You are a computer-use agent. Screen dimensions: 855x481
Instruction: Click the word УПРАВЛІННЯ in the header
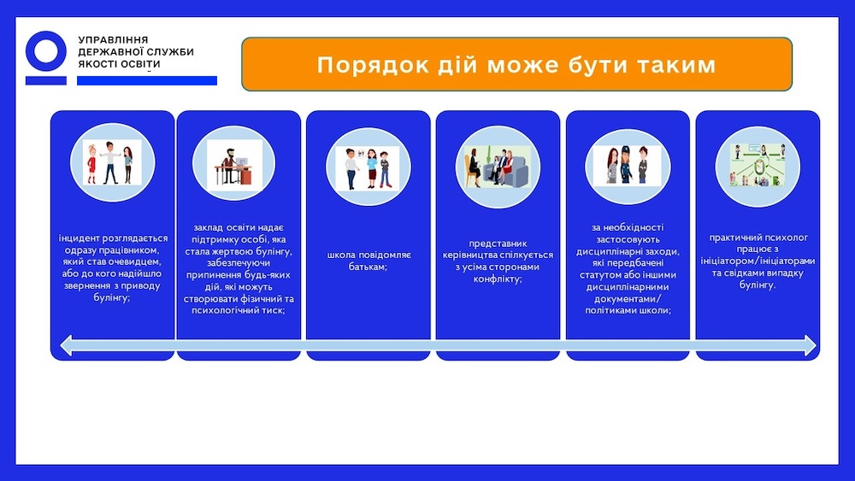click(113, 40)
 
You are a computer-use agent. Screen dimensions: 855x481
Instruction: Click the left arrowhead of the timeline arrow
click(66, 345)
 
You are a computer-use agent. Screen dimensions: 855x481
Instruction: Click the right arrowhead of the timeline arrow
click(811, 345)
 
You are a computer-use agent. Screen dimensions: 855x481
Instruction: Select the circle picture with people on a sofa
click(498, 167)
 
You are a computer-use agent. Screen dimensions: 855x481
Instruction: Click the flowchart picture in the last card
click(758, 165)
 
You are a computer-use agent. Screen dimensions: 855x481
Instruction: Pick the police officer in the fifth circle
click(627, 164)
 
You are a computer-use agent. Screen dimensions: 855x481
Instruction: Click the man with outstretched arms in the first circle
click(111, 162)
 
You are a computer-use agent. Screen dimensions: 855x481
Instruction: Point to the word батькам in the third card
click(368, 267)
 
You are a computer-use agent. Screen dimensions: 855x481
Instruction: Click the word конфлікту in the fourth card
click(498, 279)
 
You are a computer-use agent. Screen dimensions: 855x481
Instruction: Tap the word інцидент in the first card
click(79, 238)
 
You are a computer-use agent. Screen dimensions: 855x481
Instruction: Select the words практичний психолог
click(758, 238)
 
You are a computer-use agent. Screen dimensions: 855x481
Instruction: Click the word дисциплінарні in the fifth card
click(607, 252)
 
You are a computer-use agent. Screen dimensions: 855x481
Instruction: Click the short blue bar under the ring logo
click(46, 80)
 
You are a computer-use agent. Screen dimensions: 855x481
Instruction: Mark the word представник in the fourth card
click(498, 243)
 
